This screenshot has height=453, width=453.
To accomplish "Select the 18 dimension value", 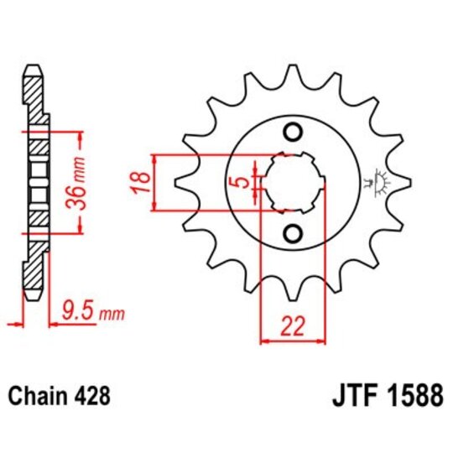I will [x=142, y=182].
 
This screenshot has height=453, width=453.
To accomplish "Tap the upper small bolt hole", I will [x=293, y=132].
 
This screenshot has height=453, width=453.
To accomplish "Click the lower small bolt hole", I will [x=293, y=232].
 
